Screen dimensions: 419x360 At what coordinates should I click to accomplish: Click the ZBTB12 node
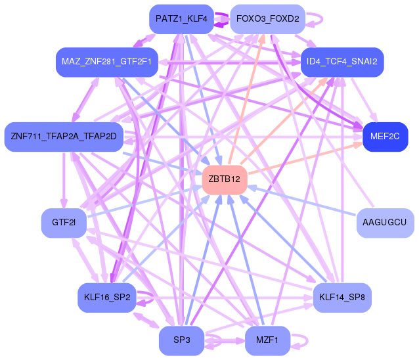pyautogui.click(x=225, y=180)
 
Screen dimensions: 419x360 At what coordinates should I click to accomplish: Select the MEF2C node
pyautogui.click(x=386, y=137)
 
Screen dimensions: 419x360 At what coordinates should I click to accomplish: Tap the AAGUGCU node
pyautogui.click(x=386, y=223)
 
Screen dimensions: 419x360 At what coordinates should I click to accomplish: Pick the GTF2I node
pyautogui.click(x=64, y=223)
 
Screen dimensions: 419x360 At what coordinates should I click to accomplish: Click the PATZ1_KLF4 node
pyautogui.click(x=181, y=19)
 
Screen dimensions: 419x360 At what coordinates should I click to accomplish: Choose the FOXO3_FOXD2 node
pyautogui.click(x=267, y=19)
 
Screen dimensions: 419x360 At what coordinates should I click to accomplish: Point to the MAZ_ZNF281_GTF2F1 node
pyautogui.click(x=107, y=62)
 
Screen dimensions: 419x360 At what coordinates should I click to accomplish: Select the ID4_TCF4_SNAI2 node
pyautogui.click(x=342, y=62)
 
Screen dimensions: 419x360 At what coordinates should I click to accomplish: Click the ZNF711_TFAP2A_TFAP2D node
pyautogui.click(x=64, y=137)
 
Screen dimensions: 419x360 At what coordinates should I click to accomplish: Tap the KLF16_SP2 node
pyautogui.click(x=107, y=298)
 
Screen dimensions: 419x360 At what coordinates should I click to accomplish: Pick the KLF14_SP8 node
pyautogui.click(x=342, y=298)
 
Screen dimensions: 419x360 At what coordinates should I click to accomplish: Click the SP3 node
pyautogui.click(x=181, y=340)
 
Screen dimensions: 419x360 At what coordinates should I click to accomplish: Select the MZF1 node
pyautogui.click(x=267, y=340)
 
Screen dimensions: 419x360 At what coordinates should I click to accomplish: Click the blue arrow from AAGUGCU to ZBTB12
pyautogui.click(x=301, y=201)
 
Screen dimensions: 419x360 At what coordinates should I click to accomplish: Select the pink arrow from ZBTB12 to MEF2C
pyautogui.click(x=305, y=158)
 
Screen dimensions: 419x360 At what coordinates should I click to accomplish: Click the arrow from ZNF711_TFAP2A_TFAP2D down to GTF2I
pyautogui.click(x=64, y=180)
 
